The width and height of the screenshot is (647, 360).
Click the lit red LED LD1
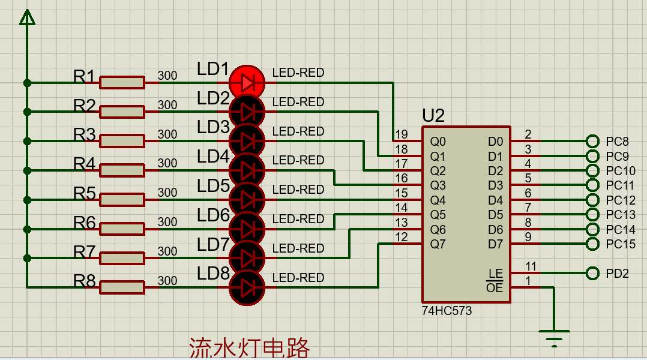tap(247, 83)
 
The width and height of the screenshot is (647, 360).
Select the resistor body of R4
tap(122, 170)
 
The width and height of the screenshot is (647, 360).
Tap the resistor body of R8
tap(122, 287)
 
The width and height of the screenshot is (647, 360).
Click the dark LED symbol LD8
tap(247, 287)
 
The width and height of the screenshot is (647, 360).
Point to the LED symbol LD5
tap(247, 200)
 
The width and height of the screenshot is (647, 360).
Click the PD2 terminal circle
tap(592, 273)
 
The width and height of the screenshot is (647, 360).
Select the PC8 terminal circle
tap(592, 141)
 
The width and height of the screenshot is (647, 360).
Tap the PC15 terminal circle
tap(592, 244)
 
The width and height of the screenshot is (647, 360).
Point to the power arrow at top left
tap(27, 17)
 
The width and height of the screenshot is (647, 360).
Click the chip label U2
tap(433, 116)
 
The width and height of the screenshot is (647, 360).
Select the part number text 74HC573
tap(447, 311)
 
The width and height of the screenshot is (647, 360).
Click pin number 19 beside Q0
tap(401, 134)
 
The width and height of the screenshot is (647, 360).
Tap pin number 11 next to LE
tap(531, 266)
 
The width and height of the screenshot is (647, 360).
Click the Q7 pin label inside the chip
tap(438, 244)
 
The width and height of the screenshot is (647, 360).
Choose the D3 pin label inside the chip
tap(496, 185)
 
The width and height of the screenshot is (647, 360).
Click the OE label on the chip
tap(495, 287)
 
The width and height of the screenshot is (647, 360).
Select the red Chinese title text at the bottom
tap(249, 348)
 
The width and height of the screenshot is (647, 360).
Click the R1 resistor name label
tap(84, 76)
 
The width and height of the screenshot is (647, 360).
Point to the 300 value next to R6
tap(167, 222)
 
